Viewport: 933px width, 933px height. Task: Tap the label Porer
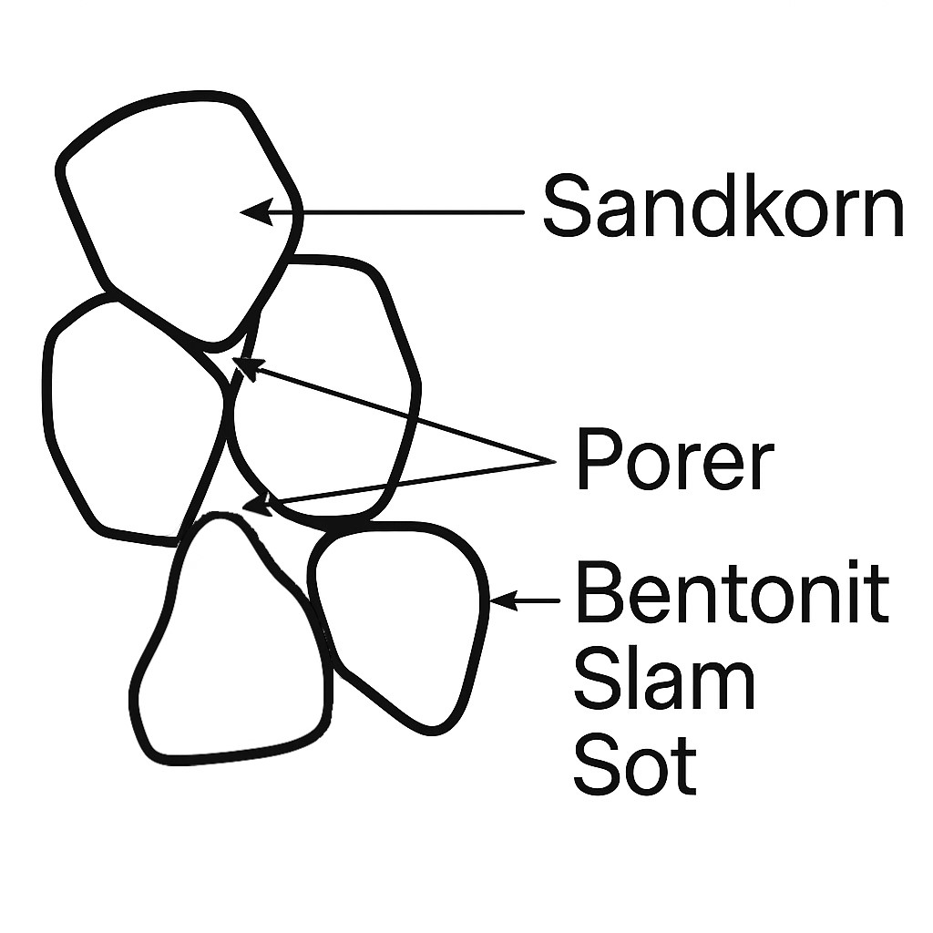tap(675, 462)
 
